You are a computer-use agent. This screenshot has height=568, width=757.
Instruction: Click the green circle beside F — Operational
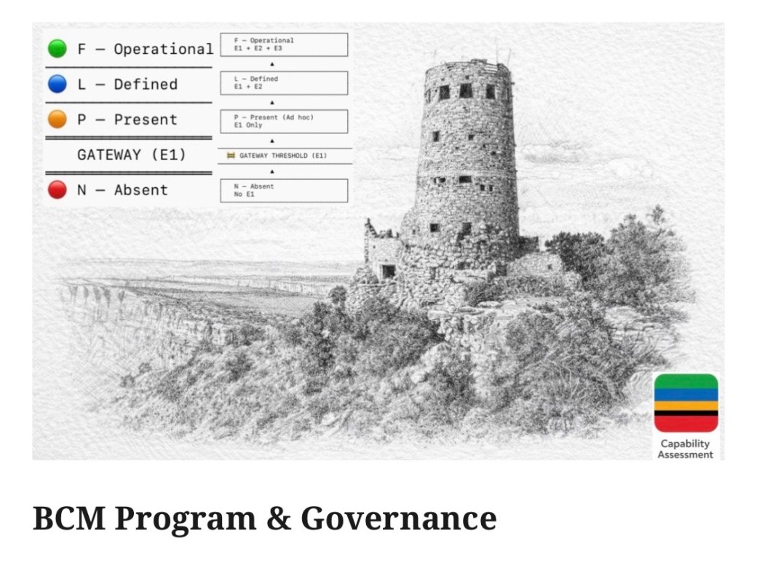click(58, 48)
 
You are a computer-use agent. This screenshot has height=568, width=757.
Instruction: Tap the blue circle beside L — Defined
click(58, 84)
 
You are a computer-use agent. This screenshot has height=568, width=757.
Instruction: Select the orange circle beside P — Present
click(58, 119)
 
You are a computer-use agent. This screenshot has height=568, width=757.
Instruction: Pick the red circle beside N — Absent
click(58, 189)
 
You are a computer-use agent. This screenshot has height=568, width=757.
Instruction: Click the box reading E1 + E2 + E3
click(284, 44)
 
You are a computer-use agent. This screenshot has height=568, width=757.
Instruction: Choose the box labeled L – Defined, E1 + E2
click(284, 82)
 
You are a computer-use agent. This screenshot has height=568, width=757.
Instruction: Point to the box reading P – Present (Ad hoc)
click(284, 121)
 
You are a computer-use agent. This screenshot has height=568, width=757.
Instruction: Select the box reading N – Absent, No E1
click(284, 190)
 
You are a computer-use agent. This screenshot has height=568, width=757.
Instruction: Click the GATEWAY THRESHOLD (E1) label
click(283, 156)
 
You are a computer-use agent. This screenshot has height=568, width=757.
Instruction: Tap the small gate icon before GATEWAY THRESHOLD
click(231, 156)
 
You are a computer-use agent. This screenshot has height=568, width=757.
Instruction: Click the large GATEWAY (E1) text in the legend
click(131, 154)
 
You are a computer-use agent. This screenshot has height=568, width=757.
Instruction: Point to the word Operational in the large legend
click(164, 49)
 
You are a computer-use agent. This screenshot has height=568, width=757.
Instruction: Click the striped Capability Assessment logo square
click(686, 403)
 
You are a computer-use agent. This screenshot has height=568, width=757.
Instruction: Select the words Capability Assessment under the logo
click(685, 449)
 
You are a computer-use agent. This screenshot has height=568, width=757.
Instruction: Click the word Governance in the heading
click(399, 518)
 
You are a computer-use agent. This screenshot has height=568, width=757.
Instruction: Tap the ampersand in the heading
click(279, 518)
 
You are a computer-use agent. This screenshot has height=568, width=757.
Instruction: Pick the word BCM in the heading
click(69, 518)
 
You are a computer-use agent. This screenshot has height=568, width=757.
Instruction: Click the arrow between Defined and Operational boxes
click(272, 64)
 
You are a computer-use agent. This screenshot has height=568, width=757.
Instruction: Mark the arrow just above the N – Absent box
click(272, 171)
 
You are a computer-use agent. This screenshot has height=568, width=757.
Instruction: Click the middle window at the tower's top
click(466, 90)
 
